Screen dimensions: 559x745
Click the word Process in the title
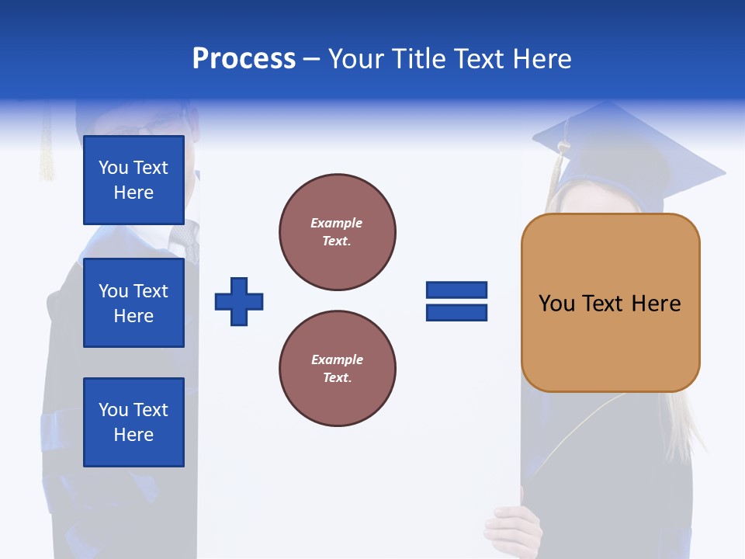point(244,59)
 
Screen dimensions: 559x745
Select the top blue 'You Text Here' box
point(133,180)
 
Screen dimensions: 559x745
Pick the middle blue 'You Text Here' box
point(133,303)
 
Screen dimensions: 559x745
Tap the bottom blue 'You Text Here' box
point(133,422)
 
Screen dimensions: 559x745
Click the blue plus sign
point(239,301)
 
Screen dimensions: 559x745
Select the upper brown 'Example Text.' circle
point(337,232)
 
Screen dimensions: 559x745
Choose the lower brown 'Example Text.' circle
point(337,369)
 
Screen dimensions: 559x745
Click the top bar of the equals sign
point(456,290)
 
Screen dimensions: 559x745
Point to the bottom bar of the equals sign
point(456,313)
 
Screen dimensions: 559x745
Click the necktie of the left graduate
point(189,241)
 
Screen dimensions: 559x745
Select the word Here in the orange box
point(656,304)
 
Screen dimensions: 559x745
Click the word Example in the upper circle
point(337,224)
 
